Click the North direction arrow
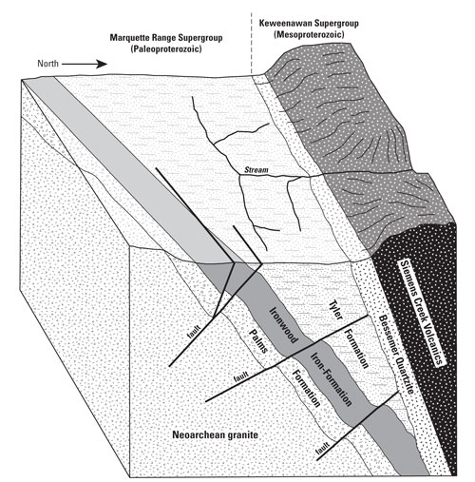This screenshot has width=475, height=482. pyautogui.click(x=85, y=64)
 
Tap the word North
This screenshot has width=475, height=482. pyautogui.click(x=47, y=64)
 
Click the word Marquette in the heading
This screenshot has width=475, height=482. pyautogui.click(x=126, y=38)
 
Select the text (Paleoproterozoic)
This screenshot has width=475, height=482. pyautogui.click(x=165, y=49)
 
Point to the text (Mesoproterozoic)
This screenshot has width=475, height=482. pyautogui.click(x=309, y=34)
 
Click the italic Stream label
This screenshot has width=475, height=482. pyautogui.click(x=256, y=170)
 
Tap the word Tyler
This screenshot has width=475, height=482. pyautogui.click(x=335, y=310)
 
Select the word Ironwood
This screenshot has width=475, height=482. pyautogui.click(x=283, y=325)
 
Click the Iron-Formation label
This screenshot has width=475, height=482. pyautogui.click(x=331, y=379)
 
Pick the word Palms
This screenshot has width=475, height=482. pyautogui.click(x=258, y=340)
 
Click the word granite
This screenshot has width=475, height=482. pyautogui.click(x=243, y=435)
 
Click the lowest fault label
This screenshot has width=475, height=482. pyautogui.click(x=323, y=447)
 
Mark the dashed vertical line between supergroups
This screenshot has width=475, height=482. pyautogui.click(x=251, y=44)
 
